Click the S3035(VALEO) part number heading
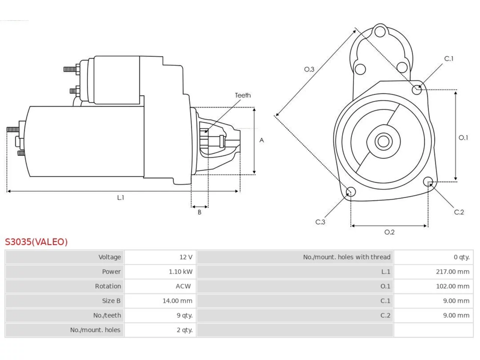click(x=36, y=242)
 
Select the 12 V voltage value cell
click(x=186, y=257)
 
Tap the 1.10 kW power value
click(x=181, y=272)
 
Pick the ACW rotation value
click(x=183, y=286)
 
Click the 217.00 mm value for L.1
click(x=453, y=272)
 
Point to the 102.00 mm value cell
click(x=453, y=286)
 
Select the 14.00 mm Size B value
click(x=177, y=301)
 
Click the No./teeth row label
click(x=107, y=315)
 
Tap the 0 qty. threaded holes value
click(x=462, y=257)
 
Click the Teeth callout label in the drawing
click(x=243, y=95)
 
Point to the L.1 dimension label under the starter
click(x=120, y=198)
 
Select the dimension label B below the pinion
click(x=199, y=212)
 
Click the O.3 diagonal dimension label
click(x=309, y=69)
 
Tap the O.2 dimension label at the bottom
click(x=389, y=232)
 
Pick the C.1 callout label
click(x=449, y=58)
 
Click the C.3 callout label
click(x=320, y=222)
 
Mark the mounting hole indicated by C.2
click(x=428, y=181)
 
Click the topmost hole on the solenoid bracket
click(x=380, y=31)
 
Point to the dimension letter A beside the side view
click(x=261, y=140)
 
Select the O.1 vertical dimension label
click(x=463, y=138)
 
